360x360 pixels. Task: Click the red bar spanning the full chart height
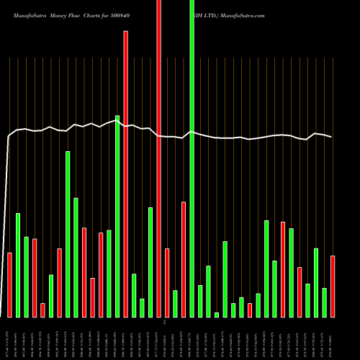[x=158, y=158]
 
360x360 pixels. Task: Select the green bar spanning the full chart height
[x=192, y=158]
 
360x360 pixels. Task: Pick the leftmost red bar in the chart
[x=9, y=285]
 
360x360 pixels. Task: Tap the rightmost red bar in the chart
[x=333, y=287]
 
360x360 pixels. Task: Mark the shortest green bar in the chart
[x=217, y=315]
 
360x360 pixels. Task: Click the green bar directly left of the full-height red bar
[x=150, y=262]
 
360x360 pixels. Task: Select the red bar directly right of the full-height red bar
[x=167, y=283]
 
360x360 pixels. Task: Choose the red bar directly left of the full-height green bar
[x=184, y=259]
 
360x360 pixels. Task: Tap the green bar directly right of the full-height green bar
[x=200, y=301]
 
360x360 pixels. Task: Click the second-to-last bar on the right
[x=324, y=302]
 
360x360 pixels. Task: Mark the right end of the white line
[x=331, y=137]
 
